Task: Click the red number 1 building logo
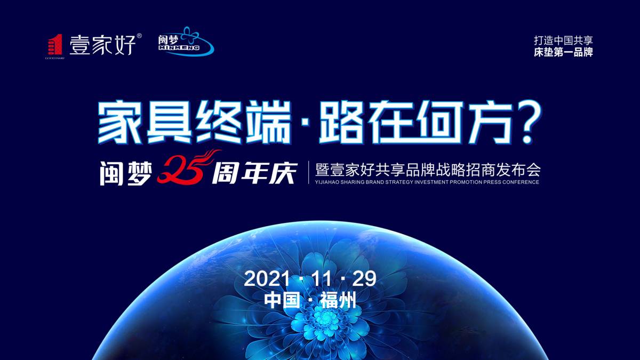[x=54, y=44]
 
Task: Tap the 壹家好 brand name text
[x=102, y=45]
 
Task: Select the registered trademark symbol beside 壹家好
[x=139, y=36]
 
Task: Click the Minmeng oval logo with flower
[x=186, y=41]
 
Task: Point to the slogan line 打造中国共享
[x=563, y=41]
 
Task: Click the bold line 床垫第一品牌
[x=563, y=52]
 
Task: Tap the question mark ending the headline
[x=524, y=122]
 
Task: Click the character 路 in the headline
[x=341, y=122]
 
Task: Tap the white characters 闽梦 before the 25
[x=126, y=173]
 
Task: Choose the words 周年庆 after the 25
[x=253, y=173]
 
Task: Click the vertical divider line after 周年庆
[x=309, y=173]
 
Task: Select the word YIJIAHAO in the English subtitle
[x=327, y=182]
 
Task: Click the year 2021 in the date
[x=267, y=278]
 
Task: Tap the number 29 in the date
[x=364, y=278]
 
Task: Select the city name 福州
[x=338, y=301]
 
